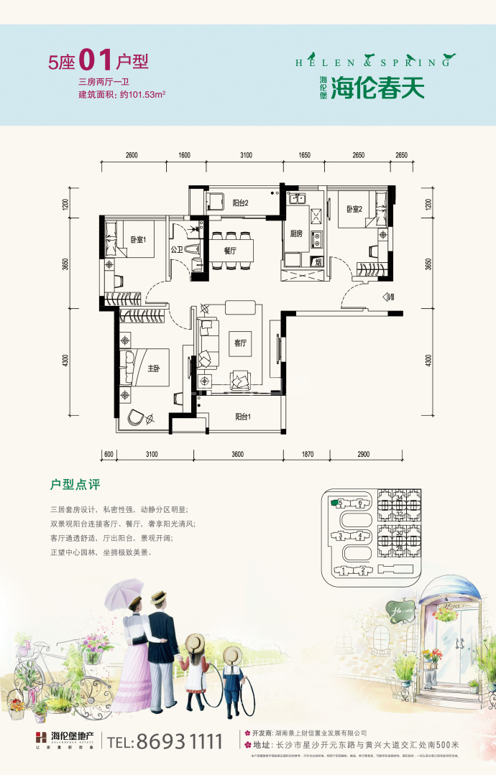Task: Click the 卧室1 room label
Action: click(138, 240)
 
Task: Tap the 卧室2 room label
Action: click(354, 209)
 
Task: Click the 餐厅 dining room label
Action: click(231, 251)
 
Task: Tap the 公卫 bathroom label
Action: click(176, 250)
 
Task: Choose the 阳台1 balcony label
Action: click(243, 416)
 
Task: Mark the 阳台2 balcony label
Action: click(241, 203)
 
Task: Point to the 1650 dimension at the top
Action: click(303, 155)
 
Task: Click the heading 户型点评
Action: click(75, 486)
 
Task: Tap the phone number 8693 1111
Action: click(170, 741)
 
